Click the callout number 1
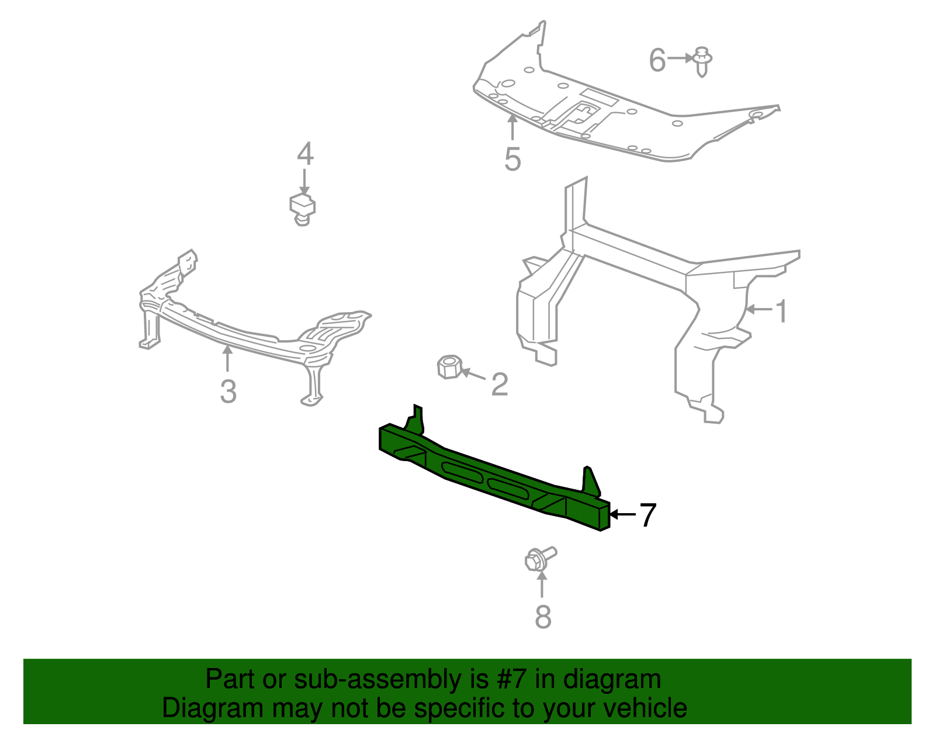(781, 311)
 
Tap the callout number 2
(500, 384)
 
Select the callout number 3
(228, 392)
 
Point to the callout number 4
(305, 154)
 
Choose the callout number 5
(512, 159)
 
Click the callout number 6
(657, 60)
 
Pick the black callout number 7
(647, 515)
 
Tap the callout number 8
(543, 617)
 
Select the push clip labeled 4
(303, 209)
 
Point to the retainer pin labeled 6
(702, 61)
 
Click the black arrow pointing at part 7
(622, 514)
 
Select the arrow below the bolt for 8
(542, 584)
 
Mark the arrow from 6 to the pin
(680, 58)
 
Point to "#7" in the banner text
(511, 679)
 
